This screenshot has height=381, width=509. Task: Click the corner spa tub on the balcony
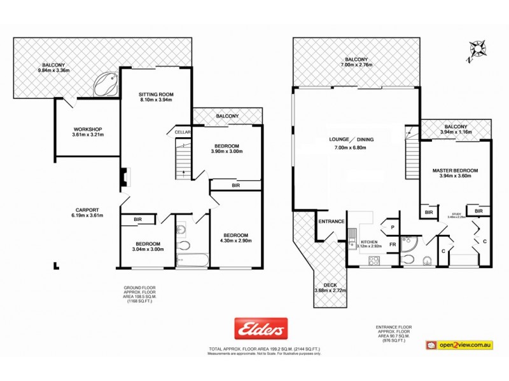pos(106,84)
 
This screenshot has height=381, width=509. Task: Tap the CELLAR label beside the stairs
pos(184,131)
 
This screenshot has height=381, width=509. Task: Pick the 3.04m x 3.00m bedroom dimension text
pos(147,250)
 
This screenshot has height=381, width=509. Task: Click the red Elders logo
pos(261,328)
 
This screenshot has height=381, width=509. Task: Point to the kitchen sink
pos(352,237)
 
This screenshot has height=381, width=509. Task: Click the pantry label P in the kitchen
pos(393,227)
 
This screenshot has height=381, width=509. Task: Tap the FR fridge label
pos(393,244)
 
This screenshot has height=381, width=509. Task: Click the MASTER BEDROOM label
pos(455,171)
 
